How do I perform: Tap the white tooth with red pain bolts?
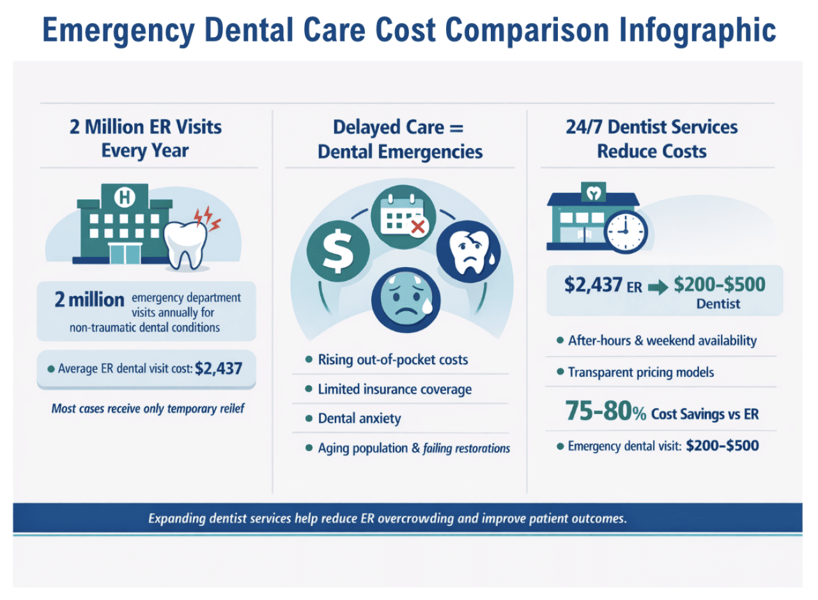186,242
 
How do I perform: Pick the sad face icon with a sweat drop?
401,296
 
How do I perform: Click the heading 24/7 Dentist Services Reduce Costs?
651,139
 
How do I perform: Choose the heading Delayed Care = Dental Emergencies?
399,139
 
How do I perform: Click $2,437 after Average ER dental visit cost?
219,368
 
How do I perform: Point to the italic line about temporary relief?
148,408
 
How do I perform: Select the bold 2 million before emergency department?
89,300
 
